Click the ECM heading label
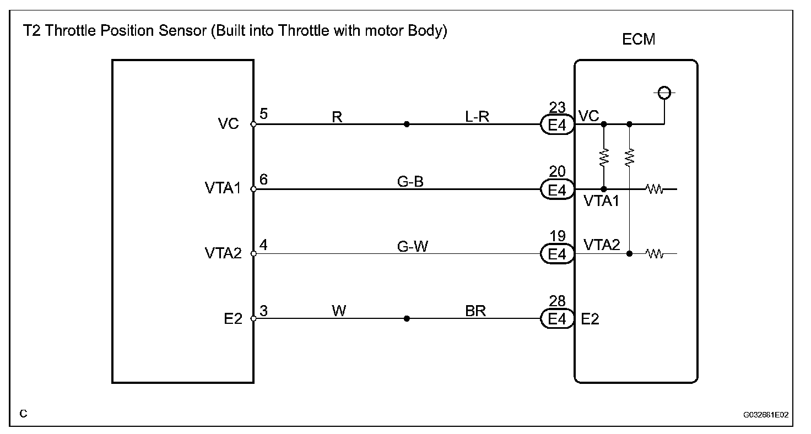pyautogui.click(x=639, y=40)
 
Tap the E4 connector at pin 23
pyautogui.click(x=557, y=124)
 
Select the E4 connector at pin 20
pyautogui.click(x=557, y=189)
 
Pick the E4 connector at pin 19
pyautogui.click(x=557, y=254)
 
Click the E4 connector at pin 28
pyautogui.click(x=557, y=319)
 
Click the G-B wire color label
pyautogui.click(x=410, y=181)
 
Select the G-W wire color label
pyautogui.click(x=412, y=246)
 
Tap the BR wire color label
pyautogui.click(x=475, y=311)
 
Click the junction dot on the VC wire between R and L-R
pyautogui.click(x=407, y=124)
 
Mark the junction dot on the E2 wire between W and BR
pyautogui.click(x=407, y=318)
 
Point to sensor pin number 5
pyautogui.click(x=263, y=115)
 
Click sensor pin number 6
pyautogui.click(x=263, y=180)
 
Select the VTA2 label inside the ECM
pyautogui.click(x=601, y=245)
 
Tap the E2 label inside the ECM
pyautogui.click(x=590, y=319)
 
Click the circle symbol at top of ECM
pyautogui.click(x=664, y=93)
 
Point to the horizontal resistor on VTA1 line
pyautogui.click(x=655, y=189)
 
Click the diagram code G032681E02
pyautogui.click(x=765, y=414)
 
